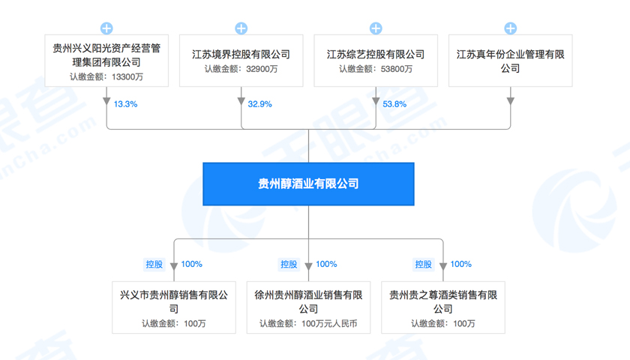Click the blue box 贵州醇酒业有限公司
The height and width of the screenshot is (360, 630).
point(308,184)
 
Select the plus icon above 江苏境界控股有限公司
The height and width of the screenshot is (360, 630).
point(241,28)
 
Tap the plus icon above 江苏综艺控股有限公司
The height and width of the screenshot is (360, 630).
point(376,28)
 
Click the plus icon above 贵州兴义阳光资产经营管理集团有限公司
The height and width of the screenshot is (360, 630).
point(106,28)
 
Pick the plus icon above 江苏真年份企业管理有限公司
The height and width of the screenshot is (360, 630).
point(511,28)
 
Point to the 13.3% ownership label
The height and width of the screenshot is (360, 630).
point(125,104)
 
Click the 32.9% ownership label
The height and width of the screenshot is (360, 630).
point(259,104)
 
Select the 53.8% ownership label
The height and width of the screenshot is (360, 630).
point(394,104)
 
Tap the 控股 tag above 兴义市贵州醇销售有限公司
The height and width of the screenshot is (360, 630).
point(154,264)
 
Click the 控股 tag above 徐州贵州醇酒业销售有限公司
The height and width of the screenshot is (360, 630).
point(289,264)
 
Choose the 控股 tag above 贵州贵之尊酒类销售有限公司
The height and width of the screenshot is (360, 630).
point(423,264)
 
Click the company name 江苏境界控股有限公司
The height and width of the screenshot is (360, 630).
point(241,54)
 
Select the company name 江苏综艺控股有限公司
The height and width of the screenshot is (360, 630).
point(376,54)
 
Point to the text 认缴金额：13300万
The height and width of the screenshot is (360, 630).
point(106,76)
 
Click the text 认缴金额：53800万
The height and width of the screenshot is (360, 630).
point(376,69)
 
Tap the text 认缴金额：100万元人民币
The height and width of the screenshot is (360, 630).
point(308,323)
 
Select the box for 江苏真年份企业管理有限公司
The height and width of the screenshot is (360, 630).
point(511,61)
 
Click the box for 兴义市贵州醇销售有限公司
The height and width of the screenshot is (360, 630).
point(174,306)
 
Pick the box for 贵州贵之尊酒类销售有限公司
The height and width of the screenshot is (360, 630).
point(443,306)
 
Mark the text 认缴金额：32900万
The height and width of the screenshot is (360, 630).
point(241,69)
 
